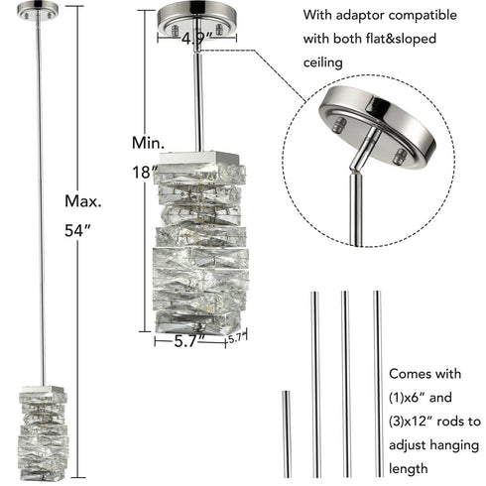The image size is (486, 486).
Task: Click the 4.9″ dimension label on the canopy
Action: pyautogui.click(x=195, y=39)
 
